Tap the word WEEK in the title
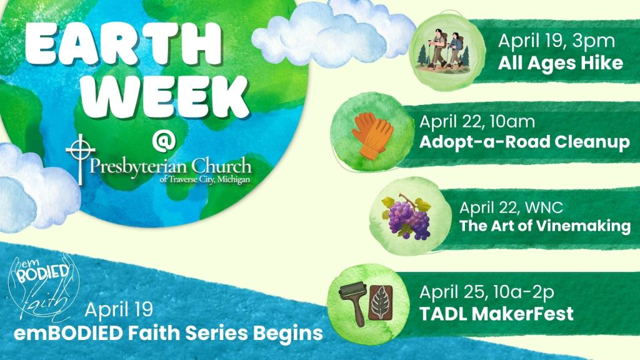tap(166, 97)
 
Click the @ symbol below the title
tap(164, 139)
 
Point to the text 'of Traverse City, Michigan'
tap(205, 179)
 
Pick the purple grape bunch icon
tap(406, 216)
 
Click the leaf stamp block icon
tap(381, 302)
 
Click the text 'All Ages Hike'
tap(561, 64)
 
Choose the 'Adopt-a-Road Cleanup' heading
tap(524, 142)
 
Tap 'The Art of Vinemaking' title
tap(545, 226)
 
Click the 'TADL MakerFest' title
tap(496, 314)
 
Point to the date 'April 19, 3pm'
tap(556, 41)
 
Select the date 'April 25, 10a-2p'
tap(486, 292)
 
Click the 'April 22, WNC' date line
tap(511, 207)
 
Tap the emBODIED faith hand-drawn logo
tap(44, 287)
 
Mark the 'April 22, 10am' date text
tap(477, 122)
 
